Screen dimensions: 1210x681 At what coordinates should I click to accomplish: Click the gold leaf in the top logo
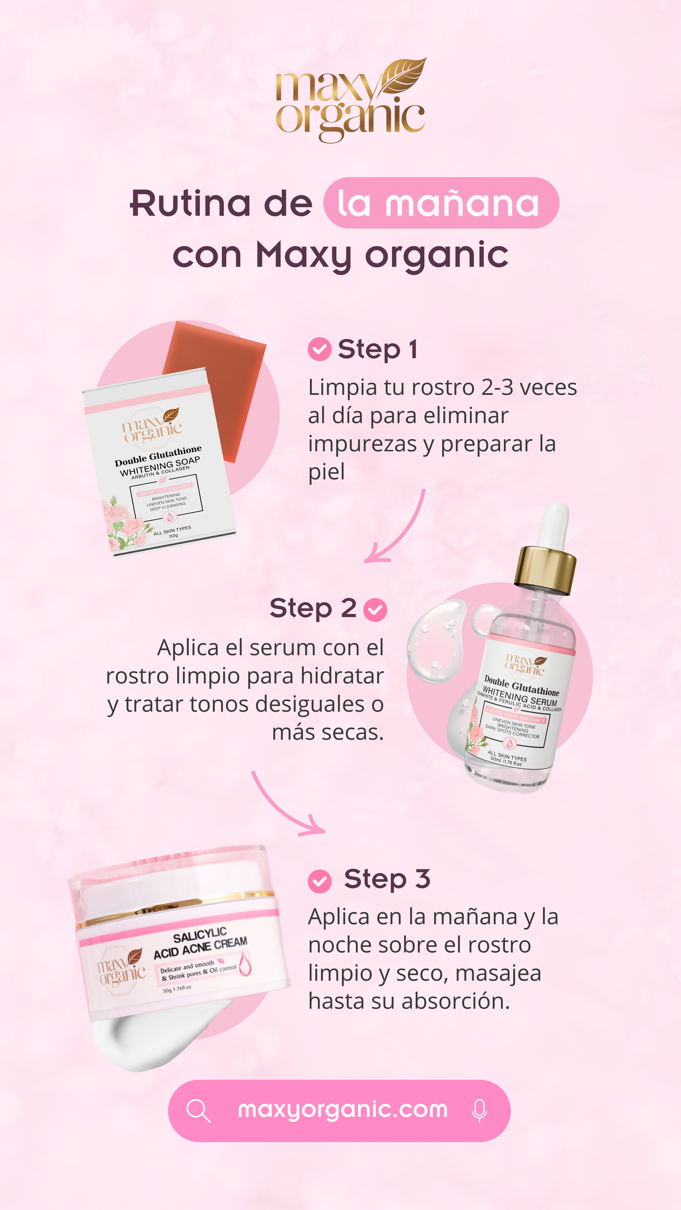point(404,75)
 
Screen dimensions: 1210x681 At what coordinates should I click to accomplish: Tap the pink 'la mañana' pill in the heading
point(441,203)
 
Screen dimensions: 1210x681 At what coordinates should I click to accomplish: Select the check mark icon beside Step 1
point(320,349)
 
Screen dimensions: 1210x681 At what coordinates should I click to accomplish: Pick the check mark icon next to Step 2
point(375,610)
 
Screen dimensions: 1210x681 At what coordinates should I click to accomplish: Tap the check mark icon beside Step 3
point(320,881)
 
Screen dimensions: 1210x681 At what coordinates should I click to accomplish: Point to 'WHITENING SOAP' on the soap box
point(160,466)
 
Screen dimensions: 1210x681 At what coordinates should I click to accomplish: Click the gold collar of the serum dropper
point(546,570)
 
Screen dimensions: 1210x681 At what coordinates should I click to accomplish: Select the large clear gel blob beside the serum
point(436,641)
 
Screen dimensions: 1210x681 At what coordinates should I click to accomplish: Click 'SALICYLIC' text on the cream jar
point(200,935)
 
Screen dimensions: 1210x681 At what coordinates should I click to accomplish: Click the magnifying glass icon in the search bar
point(198,1111)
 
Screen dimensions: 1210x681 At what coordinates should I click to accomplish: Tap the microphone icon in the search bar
point(479,1111)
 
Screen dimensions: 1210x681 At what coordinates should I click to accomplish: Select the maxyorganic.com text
point(343,1110)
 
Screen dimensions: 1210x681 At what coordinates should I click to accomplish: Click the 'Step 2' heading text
point(313,608)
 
